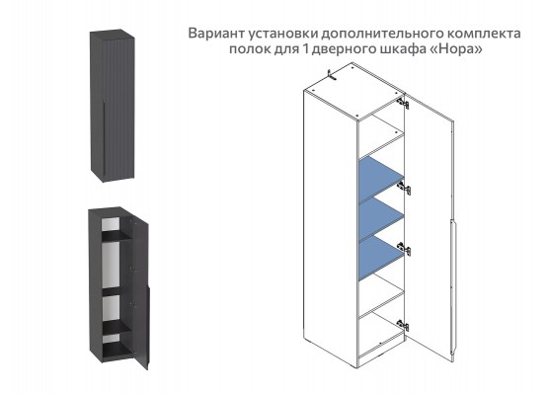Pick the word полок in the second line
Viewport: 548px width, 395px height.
[x=255, y=49]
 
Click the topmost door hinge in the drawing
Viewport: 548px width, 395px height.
[x=402, y=101]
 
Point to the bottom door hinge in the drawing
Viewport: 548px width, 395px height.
[x=402, y=323]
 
